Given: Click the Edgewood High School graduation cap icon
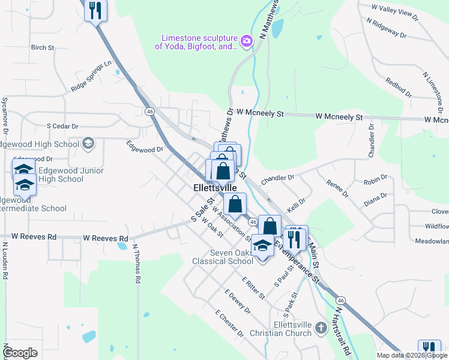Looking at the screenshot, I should click(88, 143).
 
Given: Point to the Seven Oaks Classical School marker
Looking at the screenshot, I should click(262, 246).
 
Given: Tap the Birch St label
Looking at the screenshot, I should click(43, 47).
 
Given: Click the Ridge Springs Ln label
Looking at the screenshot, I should click(91, 76).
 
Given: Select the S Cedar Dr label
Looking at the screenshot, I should click(63, 127).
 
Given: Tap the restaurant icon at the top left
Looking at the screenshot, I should click(95, 10).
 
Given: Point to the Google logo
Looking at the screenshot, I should click(20, 353).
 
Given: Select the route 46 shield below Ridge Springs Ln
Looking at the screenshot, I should click(149, 111).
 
